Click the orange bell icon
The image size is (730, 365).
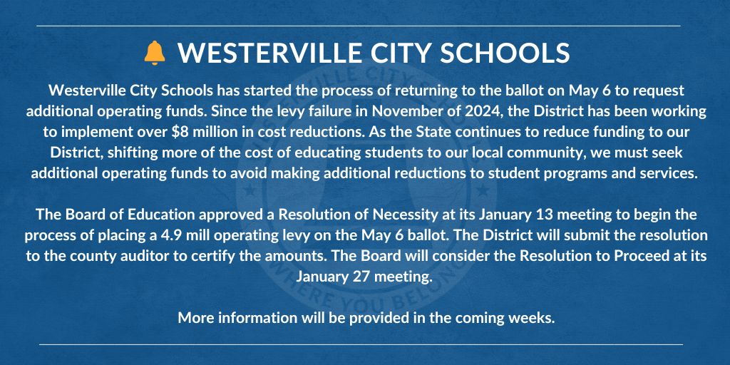click(154, 53)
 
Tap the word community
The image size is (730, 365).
click(450, 153)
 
